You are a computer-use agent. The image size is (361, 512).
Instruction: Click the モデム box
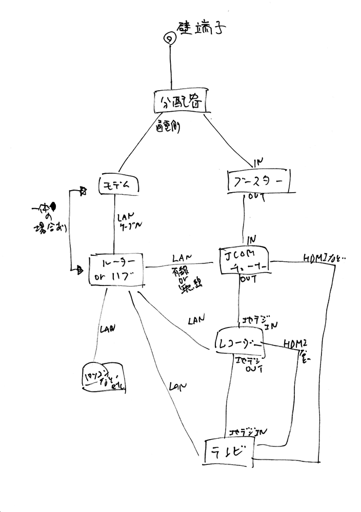[x=119, y=186]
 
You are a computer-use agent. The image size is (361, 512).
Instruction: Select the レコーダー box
[x=239, y=342]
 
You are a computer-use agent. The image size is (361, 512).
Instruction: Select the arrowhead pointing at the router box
[x=79, y=268]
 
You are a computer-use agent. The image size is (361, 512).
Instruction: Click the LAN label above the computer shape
[x=108, y=329]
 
